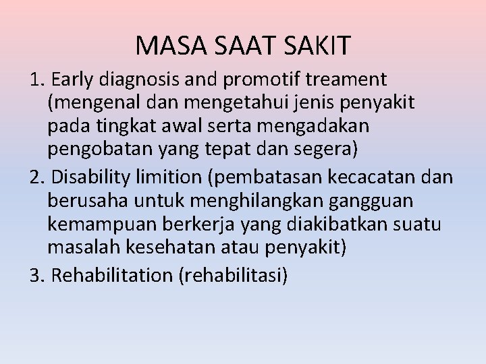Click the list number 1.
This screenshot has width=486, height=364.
35,80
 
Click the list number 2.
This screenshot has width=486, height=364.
35,178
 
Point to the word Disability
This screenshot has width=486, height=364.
92,178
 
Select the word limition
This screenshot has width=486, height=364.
176,178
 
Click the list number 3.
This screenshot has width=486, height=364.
35,276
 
